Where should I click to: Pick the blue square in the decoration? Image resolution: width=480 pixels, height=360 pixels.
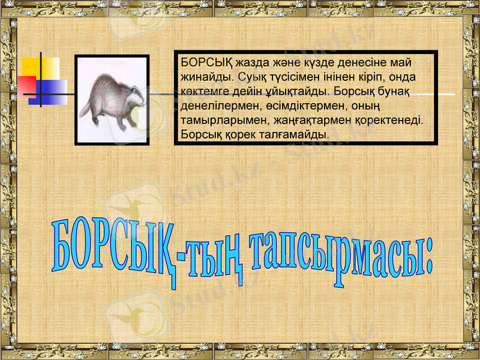pos(54,92)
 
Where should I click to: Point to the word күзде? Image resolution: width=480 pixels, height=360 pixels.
pos(319,63)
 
